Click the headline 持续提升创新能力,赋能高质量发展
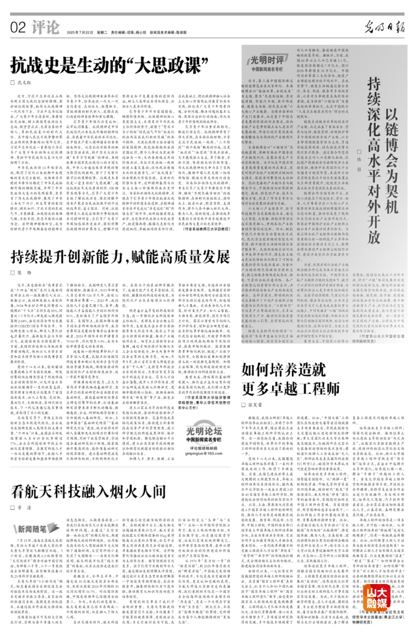[x=120, y=258]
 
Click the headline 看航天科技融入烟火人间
[x=89, y=492]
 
